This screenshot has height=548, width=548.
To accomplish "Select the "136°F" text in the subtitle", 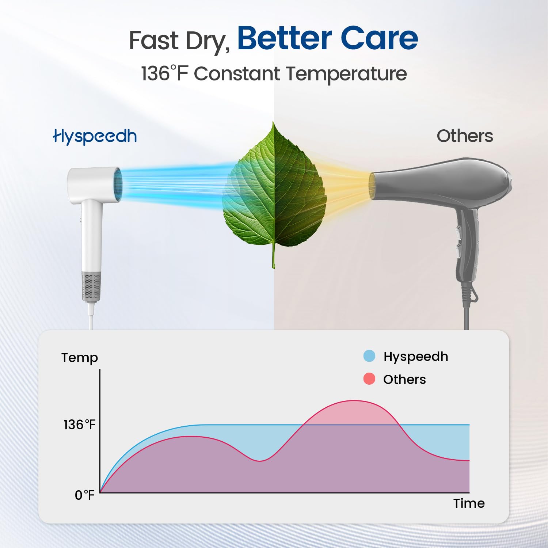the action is coord(164,73).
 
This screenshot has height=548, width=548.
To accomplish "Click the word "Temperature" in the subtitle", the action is coord(346,75).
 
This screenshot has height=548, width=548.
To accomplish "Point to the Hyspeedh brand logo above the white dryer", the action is coord(95,137).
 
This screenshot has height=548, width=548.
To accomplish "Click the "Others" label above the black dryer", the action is coord(465,136).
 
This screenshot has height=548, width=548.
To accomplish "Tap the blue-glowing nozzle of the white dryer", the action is coord(118,184).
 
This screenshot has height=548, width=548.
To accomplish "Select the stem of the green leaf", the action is coord(273,256).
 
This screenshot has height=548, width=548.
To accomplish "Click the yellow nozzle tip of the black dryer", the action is coord(372,186).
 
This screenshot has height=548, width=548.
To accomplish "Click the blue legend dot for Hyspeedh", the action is coord(369,356).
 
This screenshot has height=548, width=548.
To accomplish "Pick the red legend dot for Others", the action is coord(369,379).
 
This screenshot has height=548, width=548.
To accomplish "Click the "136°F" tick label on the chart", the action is coord(79,425).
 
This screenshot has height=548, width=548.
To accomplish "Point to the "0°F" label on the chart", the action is coord(84,495).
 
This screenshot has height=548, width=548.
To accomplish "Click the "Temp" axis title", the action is coord(80,358).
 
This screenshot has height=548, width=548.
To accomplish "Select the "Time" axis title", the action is coord(469,503).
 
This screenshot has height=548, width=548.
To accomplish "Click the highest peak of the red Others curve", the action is coord(354,401).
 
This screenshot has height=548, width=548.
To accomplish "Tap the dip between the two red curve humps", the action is coord(259,461).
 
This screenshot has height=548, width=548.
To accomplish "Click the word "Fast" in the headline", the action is coord(155,40).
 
